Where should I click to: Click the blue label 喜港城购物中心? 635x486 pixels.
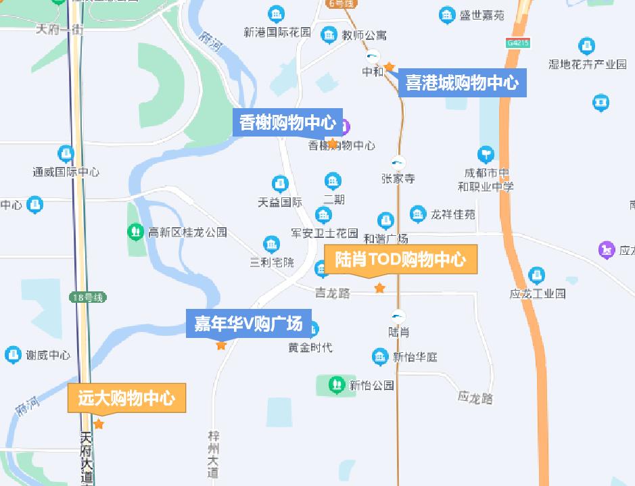point(462,83)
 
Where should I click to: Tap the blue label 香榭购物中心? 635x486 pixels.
point(287,123)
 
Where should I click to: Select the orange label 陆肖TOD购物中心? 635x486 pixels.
point(400,260)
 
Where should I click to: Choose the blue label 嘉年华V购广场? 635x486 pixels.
point(248,324)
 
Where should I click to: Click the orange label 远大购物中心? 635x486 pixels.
point(126,398)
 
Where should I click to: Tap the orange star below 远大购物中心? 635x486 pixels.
point(99,424)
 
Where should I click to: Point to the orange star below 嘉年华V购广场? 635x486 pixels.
point(221,345)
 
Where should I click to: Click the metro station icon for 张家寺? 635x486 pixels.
point(398,162)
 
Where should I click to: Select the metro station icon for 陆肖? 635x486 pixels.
point(398,316)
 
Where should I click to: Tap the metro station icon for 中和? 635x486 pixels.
point(373,57)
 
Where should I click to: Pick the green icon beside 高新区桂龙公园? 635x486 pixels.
point(135,232)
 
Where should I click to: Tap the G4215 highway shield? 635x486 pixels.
point(517,43)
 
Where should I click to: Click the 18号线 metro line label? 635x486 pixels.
point(88,297)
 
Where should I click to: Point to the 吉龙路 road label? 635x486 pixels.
point(333,293)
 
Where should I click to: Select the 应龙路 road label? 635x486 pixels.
point(475,397)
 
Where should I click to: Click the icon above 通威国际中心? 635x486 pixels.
point(66,153)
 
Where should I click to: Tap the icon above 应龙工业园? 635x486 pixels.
point(537,275)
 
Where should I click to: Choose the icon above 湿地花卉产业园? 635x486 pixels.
point(587,47)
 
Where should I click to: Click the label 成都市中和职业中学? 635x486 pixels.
point(486,180)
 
